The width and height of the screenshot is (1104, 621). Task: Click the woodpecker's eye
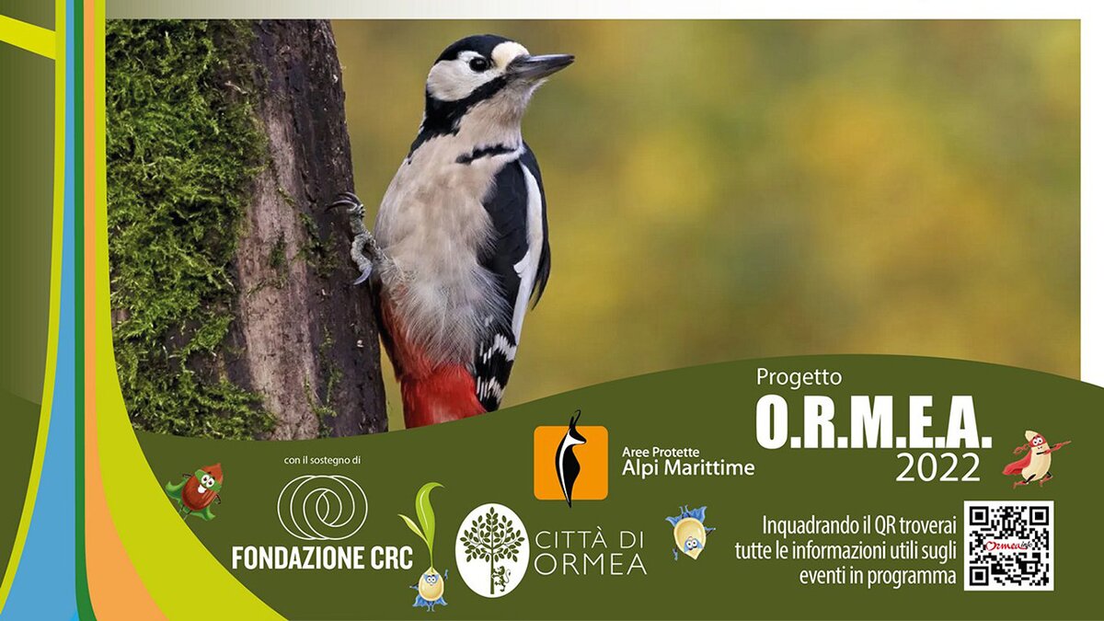click(477, 63)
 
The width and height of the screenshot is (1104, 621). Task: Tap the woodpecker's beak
click(541, 66)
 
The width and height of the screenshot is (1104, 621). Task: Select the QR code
click(1009, 546)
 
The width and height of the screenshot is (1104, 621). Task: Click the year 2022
click(937, 467)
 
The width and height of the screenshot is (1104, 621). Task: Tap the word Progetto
click(792, 377)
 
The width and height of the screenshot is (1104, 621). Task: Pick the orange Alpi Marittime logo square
click(570, 462)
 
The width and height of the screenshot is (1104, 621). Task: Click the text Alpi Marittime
click(688, 467)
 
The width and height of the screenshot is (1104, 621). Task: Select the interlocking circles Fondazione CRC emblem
click(322, 507)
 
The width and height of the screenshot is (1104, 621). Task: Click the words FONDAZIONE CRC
click(322, 558)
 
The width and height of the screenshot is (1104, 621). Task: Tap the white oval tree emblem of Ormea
click(492, 550)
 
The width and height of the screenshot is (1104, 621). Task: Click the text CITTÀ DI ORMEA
click(591, 553)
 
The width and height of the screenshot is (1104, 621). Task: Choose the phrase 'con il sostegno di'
click(322, 460)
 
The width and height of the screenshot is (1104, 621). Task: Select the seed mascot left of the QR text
click(690, 533)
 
